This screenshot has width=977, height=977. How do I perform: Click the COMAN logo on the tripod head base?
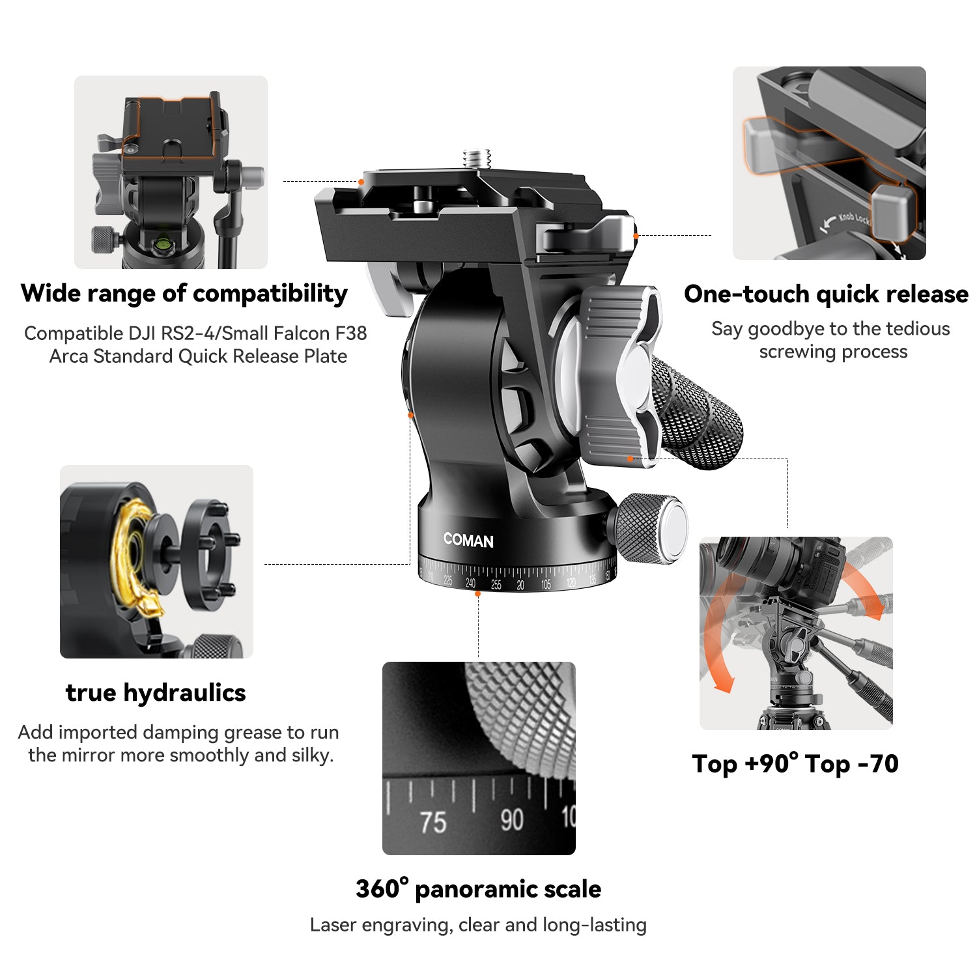tap(468, 540)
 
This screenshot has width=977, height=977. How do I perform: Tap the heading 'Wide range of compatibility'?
tap(184, 294)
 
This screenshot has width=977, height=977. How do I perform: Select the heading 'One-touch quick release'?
tap(826, 294)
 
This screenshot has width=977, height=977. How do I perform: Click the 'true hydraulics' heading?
tap(156, 693)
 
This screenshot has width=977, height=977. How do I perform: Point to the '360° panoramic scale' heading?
tap(479, 888)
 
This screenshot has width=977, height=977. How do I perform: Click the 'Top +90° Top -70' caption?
tap(795, 763)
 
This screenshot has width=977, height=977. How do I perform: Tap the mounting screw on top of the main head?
tap(477, 159)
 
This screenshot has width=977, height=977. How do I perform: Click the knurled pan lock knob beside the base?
tap(648, 528)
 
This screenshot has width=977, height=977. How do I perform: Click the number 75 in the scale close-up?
tap(433, 822)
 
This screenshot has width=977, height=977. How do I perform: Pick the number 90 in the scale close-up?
tap(512, 819)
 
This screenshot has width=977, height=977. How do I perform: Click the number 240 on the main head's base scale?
tap(470, 583)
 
